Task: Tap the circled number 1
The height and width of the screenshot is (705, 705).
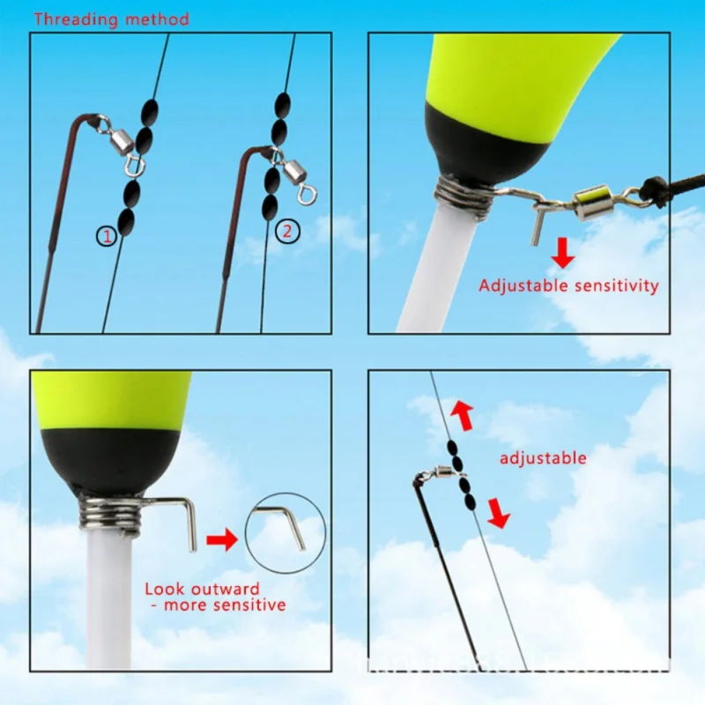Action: point(107,235)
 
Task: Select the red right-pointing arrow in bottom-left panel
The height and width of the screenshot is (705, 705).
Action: point(222,539)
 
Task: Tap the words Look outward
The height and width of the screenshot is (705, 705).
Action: point(202,589)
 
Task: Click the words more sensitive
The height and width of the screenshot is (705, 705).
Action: point(222,605)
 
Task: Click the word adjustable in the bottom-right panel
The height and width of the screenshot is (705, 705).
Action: point(543,457)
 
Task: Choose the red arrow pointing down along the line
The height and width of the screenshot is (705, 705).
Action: point(499,512)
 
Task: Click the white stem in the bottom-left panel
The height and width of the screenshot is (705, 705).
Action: point(108,599)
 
